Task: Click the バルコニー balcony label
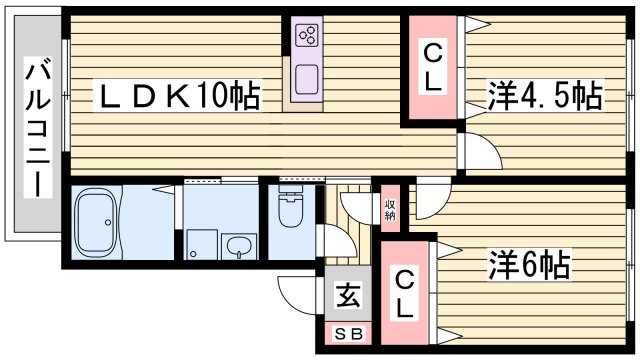[x=37, y=130]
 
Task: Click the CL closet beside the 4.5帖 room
[x=432, y=68]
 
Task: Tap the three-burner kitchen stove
[x=306, y=37]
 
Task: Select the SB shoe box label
[x=347, y=334]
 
